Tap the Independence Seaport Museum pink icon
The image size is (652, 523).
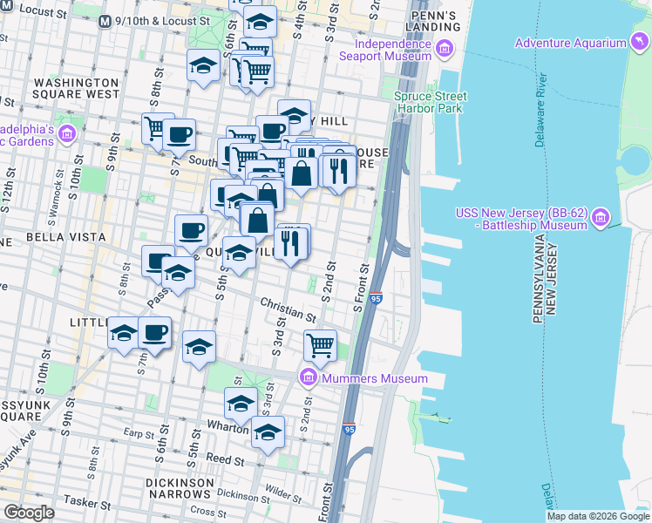[x=446, y=49]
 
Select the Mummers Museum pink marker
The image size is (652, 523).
[x=307, y=378]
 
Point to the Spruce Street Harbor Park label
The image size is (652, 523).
[x=430, y=102]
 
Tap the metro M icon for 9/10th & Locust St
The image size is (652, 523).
[x=105, y=21]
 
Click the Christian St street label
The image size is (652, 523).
[x=287, y=308]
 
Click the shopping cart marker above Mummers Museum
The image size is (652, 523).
[x=321, y=345]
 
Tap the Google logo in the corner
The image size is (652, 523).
[x=29, y=513]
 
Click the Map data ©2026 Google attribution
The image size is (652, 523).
[x=598, y=516]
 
